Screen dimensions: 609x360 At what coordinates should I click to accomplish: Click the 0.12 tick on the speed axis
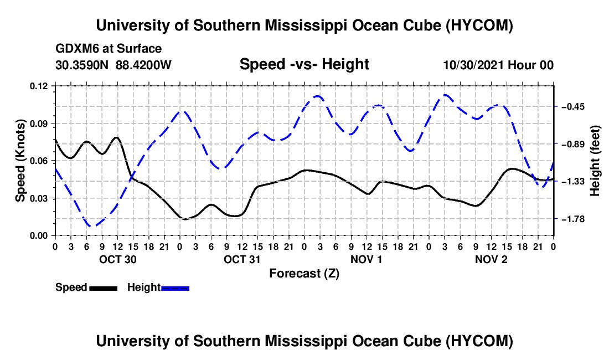point(38,86)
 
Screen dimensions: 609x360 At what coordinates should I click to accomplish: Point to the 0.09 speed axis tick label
point(38,124)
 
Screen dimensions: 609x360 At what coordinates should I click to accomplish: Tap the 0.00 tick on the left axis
point(38,236)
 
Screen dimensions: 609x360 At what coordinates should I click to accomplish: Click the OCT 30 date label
point(118,259)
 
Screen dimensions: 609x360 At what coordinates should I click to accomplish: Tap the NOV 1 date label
point(367,259)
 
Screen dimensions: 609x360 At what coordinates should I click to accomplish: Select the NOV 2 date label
point(491,259)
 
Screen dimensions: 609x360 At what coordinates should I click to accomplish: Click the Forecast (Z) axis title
point(304,274)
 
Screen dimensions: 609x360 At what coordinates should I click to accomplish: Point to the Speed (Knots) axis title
point(20,161)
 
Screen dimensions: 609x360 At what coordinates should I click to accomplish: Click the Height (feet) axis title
point(595,161)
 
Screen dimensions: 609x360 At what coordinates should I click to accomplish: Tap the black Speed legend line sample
point(104,289)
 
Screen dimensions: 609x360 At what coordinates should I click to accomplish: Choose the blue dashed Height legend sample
point(175,289)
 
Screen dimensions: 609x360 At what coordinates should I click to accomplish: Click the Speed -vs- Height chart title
point(304,64)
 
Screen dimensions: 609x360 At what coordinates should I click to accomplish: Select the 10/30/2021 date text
point(473,65)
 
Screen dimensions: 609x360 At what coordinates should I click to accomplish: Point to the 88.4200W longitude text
point(143,65)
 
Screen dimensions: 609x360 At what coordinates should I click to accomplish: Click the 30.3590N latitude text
point(82,65)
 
